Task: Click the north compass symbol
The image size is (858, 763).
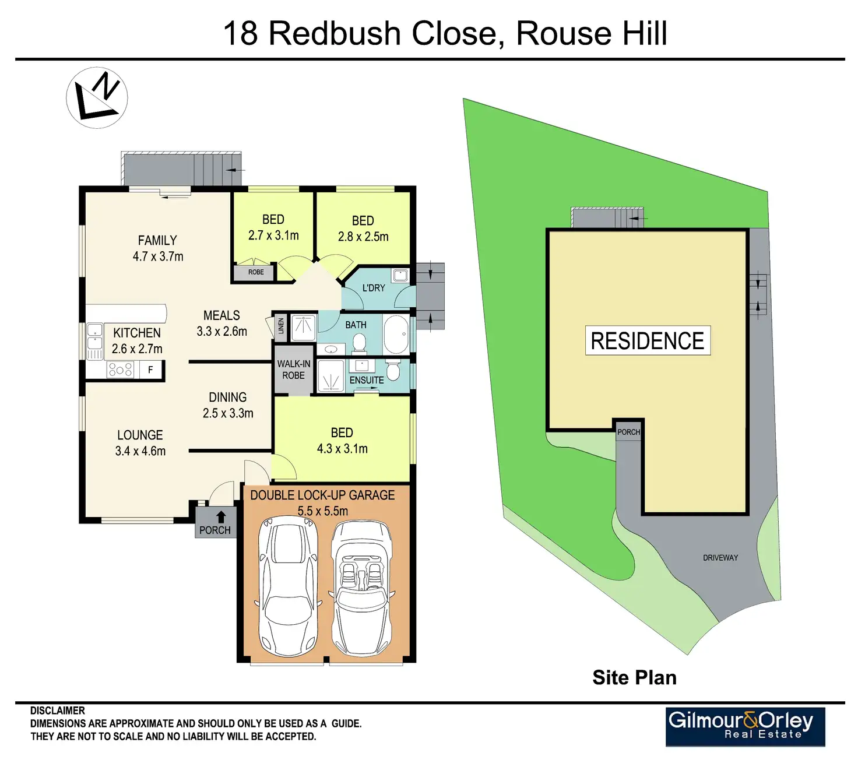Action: pyautogui.click(x=97, y=97)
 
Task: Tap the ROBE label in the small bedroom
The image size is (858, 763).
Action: pyautogui.click(x=256, y=272)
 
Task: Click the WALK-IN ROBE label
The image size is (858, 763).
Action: pyautogui.click(x=294, y=370)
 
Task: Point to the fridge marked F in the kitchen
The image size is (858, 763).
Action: pyautogui.click(x=150, y=370)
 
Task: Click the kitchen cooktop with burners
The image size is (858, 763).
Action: pyautogui.click(x=120, y=370)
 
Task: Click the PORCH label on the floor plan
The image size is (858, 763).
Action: pyautogui.click(x=215, y=530)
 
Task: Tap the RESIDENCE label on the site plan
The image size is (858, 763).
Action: pyautogui.click(x=648, y=340)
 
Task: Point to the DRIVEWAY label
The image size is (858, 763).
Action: pyautogui.click(x=720, y=558)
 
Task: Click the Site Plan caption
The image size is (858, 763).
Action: pyautogui.click(x=634, y=677)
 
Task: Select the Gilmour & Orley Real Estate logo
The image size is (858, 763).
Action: pyautogui.click(x=745, y=726)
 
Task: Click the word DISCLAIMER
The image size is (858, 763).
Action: pyautogui.click(x=58, y=711)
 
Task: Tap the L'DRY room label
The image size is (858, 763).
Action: pyautogui.click(x=374, y=288)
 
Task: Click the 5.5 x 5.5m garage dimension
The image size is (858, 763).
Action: pyautogui.click(x=322, y=511)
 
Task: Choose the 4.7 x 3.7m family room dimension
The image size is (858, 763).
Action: pyautogui.click(x=158, y=256)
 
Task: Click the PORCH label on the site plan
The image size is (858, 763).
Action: pyautogui.click(x=628, y=432)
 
